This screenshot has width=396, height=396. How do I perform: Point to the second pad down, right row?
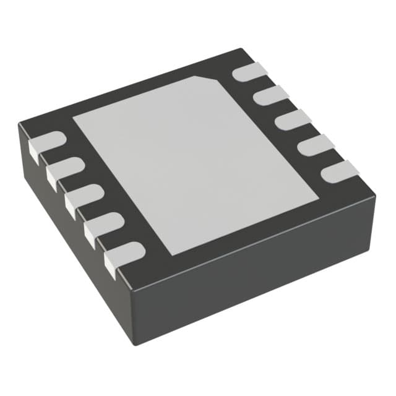click(x=270, y=95)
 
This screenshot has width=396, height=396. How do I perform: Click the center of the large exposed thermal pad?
click(x=196, y=164)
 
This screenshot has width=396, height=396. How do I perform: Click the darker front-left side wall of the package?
click(x=68, y=235)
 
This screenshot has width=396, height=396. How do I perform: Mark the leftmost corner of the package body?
click(x=20, y=127)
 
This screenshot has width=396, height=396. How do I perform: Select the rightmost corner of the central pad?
click(x=318, y=199)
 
